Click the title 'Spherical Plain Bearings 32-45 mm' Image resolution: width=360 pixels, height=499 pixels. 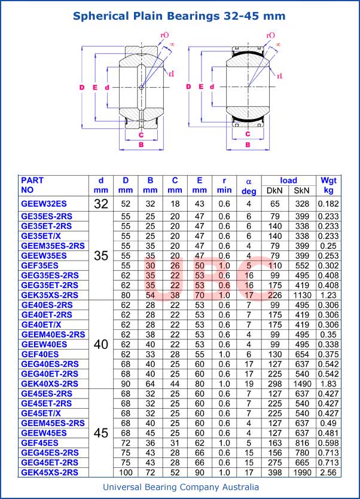(179, 16)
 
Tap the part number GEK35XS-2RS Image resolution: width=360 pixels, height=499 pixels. (49, 295)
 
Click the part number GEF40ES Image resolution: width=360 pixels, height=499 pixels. (40, 354)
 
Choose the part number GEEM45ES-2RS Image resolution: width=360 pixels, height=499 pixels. (53, 423)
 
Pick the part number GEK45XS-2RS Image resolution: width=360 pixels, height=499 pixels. (49, 472)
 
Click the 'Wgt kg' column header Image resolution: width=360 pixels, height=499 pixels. (328, 185)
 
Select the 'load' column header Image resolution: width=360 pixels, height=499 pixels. (288, 180)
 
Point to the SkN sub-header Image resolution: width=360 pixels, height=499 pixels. (302, 191)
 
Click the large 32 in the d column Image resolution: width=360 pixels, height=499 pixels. (101, 204)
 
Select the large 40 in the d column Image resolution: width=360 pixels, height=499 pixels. (101, 344)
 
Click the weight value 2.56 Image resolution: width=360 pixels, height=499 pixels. (328, 472)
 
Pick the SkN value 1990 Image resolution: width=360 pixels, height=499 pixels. (302, 472)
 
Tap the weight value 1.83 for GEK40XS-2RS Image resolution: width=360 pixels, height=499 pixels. (328, 383)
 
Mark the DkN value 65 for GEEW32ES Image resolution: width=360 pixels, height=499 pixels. (274, 204)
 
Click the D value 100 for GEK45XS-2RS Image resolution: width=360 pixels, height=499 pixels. (126, 472)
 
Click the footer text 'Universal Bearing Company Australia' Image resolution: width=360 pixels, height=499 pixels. (181, 487)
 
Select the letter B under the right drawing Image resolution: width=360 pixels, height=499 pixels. (248, 145)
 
